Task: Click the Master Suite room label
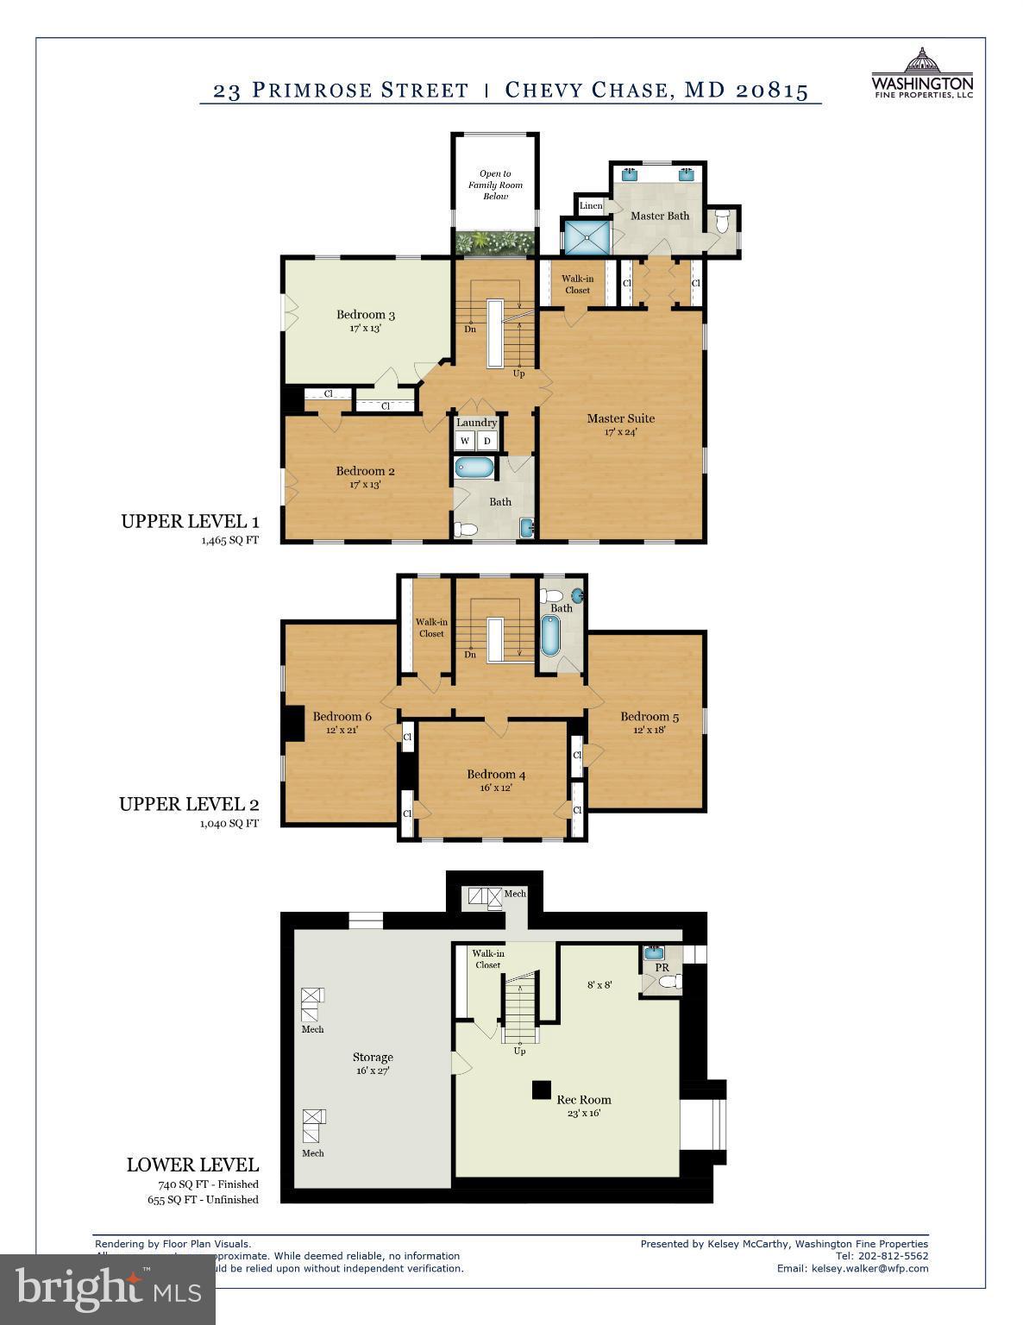(620, 418)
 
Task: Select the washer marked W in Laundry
(465, 441)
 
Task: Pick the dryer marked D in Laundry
(487, 441)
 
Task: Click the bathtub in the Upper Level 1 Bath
(474, 469)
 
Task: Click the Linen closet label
(591, 205)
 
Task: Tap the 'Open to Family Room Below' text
(495, 185)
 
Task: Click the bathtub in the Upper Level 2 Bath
(550, 636)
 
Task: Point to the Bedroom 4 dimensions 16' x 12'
(496, 788)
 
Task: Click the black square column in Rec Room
(541, 1090)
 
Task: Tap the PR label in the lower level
(662, 968)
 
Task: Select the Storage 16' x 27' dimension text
(373, 1071)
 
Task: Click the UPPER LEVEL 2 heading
(189, 805)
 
